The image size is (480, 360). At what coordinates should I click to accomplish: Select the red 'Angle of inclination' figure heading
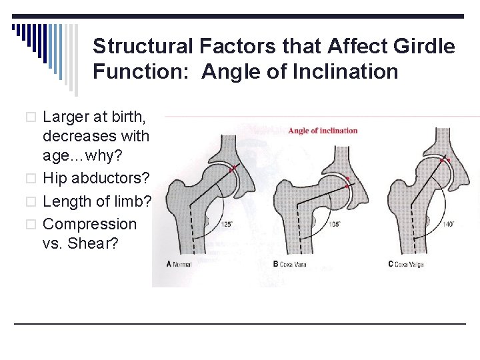[x=323, y=131]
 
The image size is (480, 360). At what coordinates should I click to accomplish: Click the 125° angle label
[x=227, y=225]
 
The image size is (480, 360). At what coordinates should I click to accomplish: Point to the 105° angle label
[x=334, y=225]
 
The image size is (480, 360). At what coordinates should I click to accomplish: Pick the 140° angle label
[x=447, y=225]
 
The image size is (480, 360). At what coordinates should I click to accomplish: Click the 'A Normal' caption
[x=179, y=265]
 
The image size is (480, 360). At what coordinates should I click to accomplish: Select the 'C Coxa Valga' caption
[x=405, y=265]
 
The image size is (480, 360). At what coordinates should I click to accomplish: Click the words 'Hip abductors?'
[x=97, y=178]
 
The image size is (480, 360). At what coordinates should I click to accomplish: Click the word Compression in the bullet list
[x=89, y=224]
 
